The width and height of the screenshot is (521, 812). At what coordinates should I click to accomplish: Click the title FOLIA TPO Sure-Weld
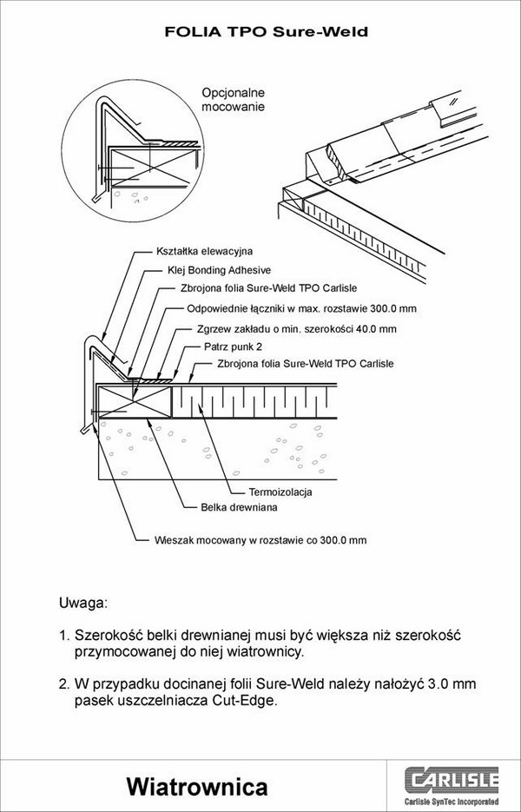pyautogui.click(x=267, y=32)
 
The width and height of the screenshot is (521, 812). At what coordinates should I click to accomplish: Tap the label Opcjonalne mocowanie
pyautogui.click(x=233, y=99)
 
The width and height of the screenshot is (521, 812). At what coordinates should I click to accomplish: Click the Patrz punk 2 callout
pyautogui.click(x=234, y=347)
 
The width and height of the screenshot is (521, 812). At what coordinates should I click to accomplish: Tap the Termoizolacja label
pyautogui.click(x=280, y=492)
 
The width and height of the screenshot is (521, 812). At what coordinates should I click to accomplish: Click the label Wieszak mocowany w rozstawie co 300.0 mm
pyautogui.click(x=260, y=539)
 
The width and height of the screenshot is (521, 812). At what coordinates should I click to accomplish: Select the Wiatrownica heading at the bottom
pyautogui.click(x=196, y=787)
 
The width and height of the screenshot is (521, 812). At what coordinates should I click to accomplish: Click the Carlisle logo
pyautogui.click(x=455, y=776)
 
